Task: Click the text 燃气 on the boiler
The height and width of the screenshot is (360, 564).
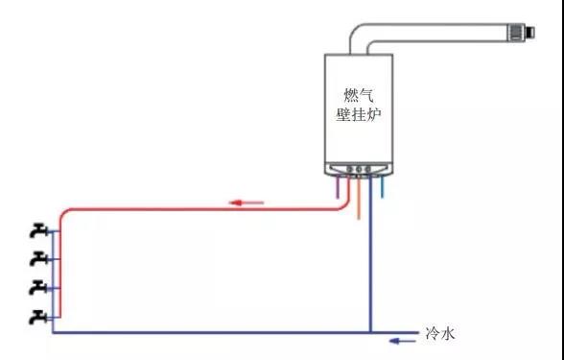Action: (x=359, y=96)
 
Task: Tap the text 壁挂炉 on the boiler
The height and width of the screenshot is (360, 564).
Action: (x=359, y=115)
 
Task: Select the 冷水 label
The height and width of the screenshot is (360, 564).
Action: (x=440, y=333)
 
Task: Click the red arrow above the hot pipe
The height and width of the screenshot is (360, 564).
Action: (x=247, y=203)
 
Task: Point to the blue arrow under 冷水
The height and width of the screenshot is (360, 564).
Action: (x=404, y=341)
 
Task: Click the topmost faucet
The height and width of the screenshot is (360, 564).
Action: (x=38, y=230)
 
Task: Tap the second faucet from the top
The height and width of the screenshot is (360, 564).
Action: (x=38, y=259)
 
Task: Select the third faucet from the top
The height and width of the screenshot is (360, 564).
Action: (x=38, y=288)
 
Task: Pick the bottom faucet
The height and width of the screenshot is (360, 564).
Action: (x=38, y=317)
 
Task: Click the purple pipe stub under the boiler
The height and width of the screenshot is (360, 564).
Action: (x=338, y=187)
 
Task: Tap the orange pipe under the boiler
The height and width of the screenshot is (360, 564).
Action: (x=359, y=198)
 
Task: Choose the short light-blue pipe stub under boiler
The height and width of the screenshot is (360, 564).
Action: (x=383, y=187)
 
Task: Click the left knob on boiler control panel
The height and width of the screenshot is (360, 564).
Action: (x=350, y=169)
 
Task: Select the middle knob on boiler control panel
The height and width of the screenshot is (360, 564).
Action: (x=359, y=169)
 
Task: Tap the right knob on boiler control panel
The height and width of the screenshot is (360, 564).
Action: (x=367, y=169)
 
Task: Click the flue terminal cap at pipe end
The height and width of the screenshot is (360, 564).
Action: (x=521, y=32)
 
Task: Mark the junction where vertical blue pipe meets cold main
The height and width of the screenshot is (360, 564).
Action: (x=370, y=332)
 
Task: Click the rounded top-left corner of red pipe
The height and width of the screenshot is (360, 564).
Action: (x=63, y=212)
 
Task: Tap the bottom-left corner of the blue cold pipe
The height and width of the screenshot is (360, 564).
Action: (x=53, y=332)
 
